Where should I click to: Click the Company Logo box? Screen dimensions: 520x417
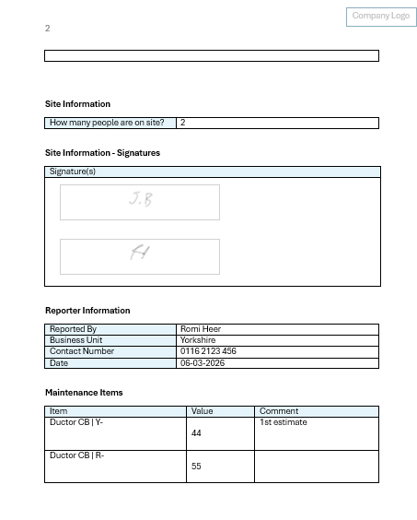pos(380,17)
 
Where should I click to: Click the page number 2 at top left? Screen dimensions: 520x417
pos(48,29)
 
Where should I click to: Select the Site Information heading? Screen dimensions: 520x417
pos(77,104)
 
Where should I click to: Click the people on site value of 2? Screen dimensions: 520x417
pos(183,123)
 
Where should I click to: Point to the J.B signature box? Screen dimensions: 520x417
pos(140,202)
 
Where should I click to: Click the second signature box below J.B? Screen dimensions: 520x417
pos(140,256)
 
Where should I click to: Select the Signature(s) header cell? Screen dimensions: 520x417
pos(73,171)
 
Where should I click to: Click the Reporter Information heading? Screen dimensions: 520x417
pos(87,311)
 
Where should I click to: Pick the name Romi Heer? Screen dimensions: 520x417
pos(200,329)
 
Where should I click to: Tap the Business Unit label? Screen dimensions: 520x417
pos(75,340)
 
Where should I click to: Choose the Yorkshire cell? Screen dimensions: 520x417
pos(198,340)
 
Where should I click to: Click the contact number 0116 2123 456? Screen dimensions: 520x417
pos(208,351)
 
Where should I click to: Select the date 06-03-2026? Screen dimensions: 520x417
pos(203,362)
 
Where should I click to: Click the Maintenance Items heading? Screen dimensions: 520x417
pos(84,393)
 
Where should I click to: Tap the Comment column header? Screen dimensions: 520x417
pos(279,411)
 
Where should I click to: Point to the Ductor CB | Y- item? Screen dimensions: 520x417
pos(76,422)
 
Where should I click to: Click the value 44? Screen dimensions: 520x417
pos(196,432)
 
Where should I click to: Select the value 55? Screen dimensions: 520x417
pos(196,467)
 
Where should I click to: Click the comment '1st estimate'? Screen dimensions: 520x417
pos(284,422)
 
